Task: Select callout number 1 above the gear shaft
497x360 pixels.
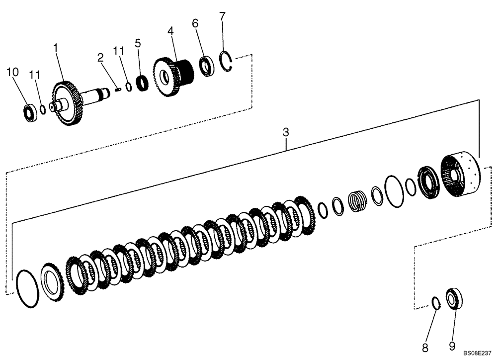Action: (x=56, y=48)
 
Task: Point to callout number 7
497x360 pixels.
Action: (x=222, y=16)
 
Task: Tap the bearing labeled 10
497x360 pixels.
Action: (x=31, y=113)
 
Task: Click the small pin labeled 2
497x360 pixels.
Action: (x=118, y=90)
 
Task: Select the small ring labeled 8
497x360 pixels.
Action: (x=436, y=303)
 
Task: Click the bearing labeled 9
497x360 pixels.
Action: (x=454, y=299)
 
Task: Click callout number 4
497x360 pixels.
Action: (x=171, y=31)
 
